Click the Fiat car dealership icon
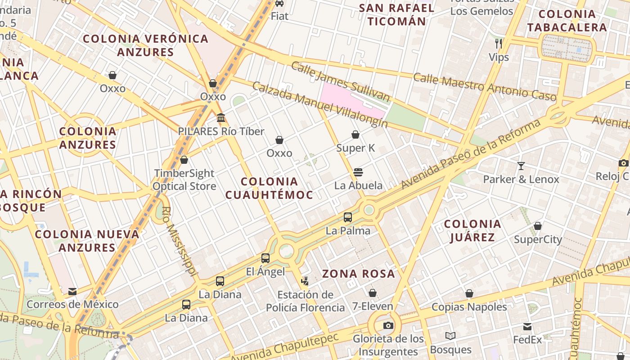279,3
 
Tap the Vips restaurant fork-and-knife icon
499,44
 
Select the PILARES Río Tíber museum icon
221,118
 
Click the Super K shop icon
355,135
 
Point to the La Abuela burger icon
358,172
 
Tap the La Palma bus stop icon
348,217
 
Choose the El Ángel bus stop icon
265,258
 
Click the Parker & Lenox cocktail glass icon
521,166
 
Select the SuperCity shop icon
538,226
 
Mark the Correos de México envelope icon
72,292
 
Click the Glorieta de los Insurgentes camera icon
388,325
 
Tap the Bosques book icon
450,336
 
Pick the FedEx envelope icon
527,327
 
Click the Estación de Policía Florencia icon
305,281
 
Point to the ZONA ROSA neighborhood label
359,274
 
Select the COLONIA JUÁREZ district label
472,230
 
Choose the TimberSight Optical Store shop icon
184,160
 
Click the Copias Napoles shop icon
469,294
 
